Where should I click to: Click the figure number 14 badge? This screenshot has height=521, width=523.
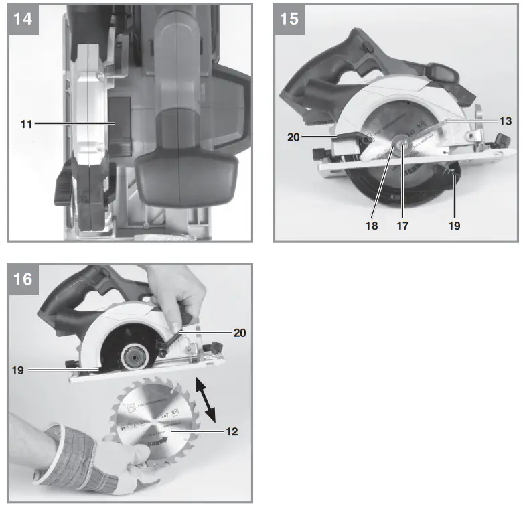pos(23,18)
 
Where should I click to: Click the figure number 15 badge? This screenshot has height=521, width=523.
pos(289,18)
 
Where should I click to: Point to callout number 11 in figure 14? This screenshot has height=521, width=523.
pos(25,124)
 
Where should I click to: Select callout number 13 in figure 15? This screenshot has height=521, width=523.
pos(506,121)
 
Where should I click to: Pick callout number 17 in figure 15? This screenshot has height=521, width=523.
pos(402,226)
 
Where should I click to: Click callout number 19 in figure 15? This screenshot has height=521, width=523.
pos(454,226)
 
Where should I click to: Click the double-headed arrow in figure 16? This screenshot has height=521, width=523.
pos(206,399)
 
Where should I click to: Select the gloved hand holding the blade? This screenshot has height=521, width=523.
pos(94,455)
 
